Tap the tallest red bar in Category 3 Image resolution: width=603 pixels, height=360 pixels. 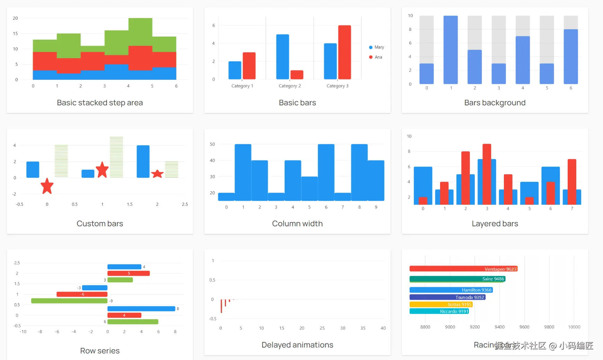344,52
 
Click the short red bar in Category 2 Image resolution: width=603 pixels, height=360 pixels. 297,74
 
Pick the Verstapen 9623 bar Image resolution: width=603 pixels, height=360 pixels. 463,269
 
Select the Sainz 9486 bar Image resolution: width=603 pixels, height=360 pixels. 457,279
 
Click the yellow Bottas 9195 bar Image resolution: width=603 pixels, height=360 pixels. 441,305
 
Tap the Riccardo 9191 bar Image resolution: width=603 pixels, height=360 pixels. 439,311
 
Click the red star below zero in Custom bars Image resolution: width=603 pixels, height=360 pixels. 47,186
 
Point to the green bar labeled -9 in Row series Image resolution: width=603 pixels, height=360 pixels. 69,301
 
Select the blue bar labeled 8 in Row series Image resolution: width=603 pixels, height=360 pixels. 141,309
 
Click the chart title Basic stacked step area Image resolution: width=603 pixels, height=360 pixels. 100,103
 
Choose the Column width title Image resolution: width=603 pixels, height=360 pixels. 297,223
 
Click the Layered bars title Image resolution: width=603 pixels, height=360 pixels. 495,223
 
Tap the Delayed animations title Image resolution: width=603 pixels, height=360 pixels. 297,345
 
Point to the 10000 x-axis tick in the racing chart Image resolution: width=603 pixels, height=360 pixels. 574,327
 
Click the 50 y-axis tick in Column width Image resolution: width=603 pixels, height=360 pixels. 212,144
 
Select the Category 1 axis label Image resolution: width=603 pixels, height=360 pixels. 242,86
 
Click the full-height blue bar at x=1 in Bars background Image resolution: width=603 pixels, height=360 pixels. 451,50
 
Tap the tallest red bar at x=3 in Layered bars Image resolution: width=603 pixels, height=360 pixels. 487,174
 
